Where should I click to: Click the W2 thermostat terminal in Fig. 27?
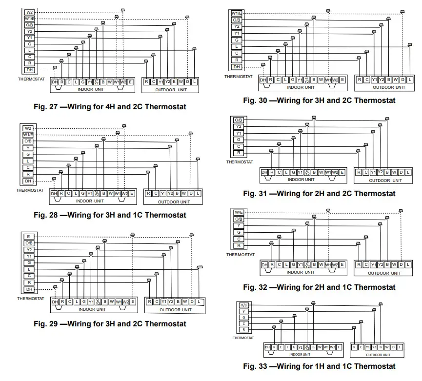coord(29,12)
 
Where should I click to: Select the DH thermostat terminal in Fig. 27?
coord(29,70)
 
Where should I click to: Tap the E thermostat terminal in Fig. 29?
coord(29,236)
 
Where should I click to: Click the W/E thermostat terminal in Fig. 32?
coord(238,212)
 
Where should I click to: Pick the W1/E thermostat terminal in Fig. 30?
coord(237,13)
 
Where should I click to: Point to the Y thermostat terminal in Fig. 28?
coord(29,148)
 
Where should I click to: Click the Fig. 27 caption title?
coord(110,106)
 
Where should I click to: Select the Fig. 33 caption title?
coord(319,366)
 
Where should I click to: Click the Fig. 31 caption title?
coord(319,193)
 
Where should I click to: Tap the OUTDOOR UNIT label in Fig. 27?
coord(171,90)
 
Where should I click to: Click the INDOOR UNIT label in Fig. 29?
coord(94,309)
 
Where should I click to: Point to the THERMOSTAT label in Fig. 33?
coord(243,337)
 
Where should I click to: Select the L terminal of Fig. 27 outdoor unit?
coord(195,82)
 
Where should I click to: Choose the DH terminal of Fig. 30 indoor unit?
coord(263,80)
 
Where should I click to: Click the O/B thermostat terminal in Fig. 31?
coord(238,120)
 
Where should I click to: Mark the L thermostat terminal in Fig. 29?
coord(29,269)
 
